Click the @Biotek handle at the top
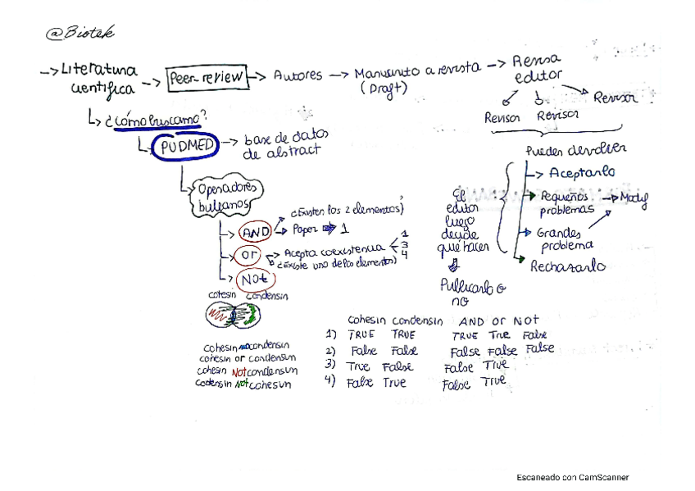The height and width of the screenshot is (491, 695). click(79, 33)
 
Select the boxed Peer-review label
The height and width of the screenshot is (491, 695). click(206, 78)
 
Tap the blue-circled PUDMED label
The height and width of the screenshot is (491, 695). click(184, 148)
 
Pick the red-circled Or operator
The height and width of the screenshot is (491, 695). click(249, 255)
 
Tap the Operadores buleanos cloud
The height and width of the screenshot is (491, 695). click(227, 197)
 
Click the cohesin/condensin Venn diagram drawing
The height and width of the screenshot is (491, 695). click(232, 313)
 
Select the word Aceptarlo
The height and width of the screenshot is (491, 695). click(582, 173)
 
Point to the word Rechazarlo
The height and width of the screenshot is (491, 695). click(568, 266)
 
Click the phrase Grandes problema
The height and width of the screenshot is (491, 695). click(566, 239)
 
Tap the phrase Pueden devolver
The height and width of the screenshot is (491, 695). click(576, 149)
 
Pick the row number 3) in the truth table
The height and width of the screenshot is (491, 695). click(330, 365)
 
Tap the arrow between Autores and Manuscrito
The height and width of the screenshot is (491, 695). click(339, 75)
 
